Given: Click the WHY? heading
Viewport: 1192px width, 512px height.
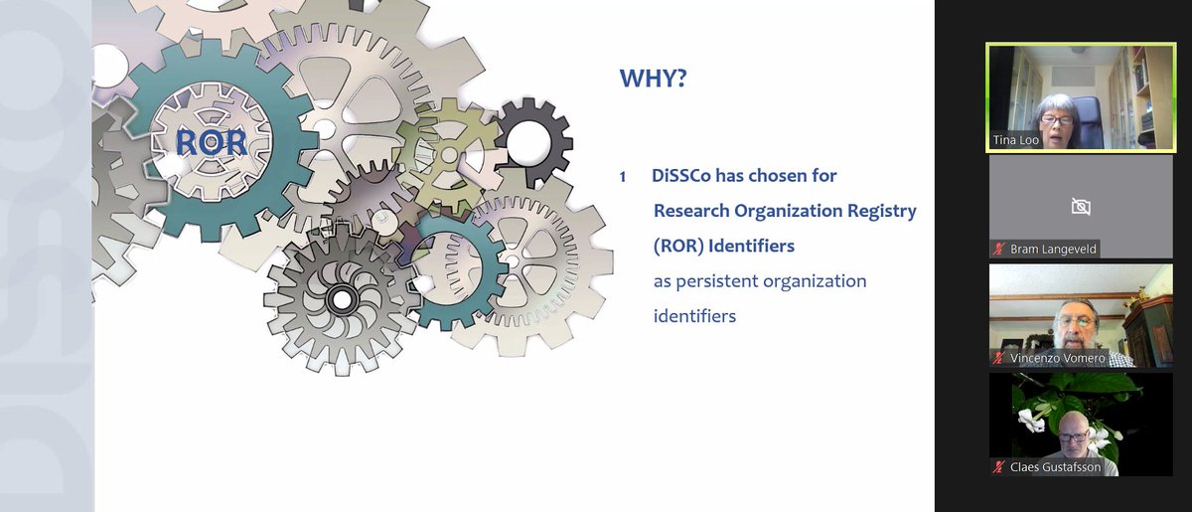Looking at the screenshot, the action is (x=653, y=79).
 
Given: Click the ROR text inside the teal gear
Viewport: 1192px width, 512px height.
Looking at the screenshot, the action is (x=211, y=142).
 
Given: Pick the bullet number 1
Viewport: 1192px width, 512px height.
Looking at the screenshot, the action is (x=623, y=177).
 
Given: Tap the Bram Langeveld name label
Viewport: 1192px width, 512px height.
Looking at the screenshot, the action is (x=1053, y=249).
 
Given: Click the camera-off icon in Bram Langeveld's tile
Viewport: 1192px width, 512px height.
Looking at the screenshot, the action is (x=1081, y=206).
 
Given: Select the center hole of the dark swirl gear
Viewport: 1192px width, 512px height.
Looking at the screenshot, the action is (x=342, y=296).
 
